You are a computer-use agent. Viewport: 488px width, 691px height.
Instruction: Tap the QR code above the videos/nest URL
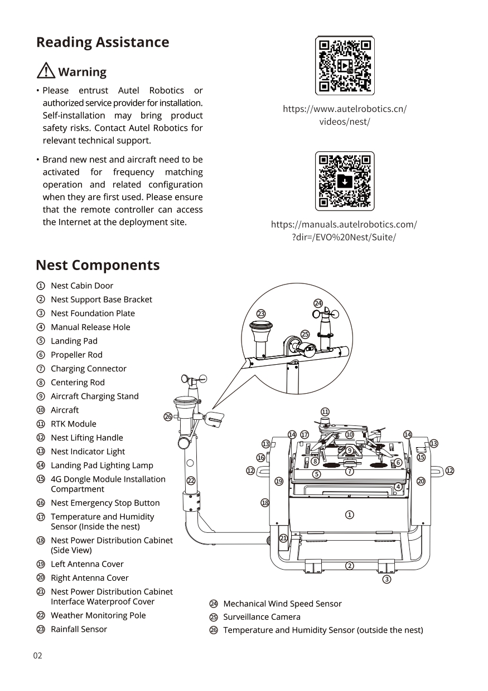pos(345,66)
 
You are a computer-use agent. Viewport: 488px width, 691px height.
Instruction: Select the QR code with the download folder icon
pos(345,182)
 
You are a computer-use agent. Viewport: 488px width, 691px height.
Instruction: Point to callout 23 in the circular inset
pos(260,313)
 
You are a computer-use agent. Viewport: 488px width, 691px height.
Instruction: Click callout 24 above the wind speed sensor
pos(318,303)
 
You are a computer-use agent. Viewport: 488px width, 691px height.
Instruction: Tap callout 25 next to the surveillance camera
pos(305,334)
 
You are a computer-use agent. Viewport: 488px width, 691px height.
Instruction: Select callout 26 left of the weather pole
pos(167,416)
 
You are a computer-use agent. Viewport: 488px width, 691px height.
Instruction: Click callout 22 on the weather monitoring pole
pos(191,481)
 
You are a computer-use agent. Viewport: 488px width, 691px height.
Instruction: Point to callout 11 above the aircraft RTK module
pos(326,411)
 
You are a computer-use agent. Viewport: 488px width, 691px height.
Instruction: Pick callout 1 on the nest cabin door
pos(349,514)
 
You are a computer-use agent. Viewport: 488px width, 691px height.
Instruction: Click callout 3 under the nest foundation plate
pos(386,580)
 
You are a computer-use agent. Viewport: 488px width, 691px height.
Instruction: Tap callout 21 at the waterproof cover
pos(283,538)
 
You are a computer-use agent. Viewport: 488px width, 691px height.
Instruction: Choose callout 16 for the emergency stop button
pos(260,458)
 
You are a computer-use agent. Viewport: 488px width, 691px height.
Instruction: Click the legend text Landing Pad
pos(74,341)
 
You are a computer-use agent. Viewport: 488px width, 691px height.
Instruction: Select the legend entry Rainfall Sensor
pos(79,629)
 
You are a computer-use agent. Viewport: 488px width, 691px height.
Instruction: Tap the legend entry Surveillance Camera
pos(262,617)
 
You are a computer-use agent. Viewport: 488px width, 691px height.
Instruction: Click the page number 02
pos(37,655)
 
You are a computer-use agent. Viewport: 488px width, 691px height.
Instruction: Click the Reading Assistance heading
pos(103,42)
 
